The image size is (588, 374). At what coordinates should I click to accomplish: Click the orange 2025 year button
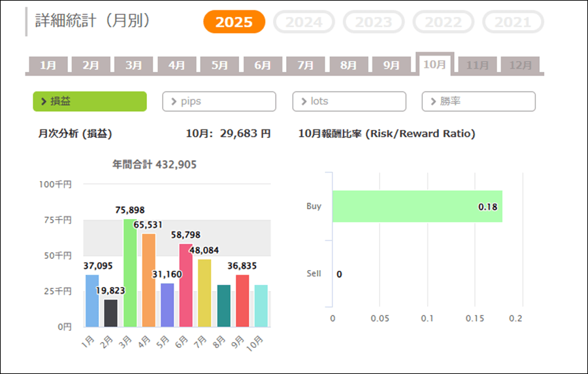(x=234, y=22)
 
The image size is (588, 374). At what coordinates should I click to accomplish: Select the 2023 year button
(x=374, y=22)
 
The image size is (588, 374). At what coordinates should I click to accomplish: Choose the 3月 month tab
(x=134, y=65)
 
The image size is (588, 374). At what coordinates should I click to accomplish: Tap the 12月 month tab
(x=520, y=65)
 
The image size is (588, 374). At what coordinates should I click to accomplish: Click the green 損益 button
(x=90, y=101)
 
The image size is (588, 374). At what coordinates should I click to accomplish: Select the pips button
(x=219, y=101)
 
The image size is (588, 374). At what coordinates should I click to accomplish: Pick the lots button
(x=349, y=101)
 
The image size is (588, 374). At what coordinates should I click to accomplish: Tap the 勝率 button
(x=478, y=101)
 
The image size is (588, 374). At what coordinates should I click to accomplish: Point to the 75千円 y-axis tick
(x=58, y=220)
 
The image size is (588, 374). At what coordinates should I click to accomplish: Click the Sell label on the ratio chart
(x=314, y=273)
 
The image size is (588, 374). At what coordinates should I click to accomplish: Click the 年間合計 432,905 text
(x=155, y=165)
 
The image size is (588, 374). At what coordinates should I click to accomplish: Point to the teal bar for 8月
(x=223, y=305)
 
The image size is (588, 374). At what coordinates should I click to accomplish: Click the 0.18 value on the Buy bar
(x=487, y=207)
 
